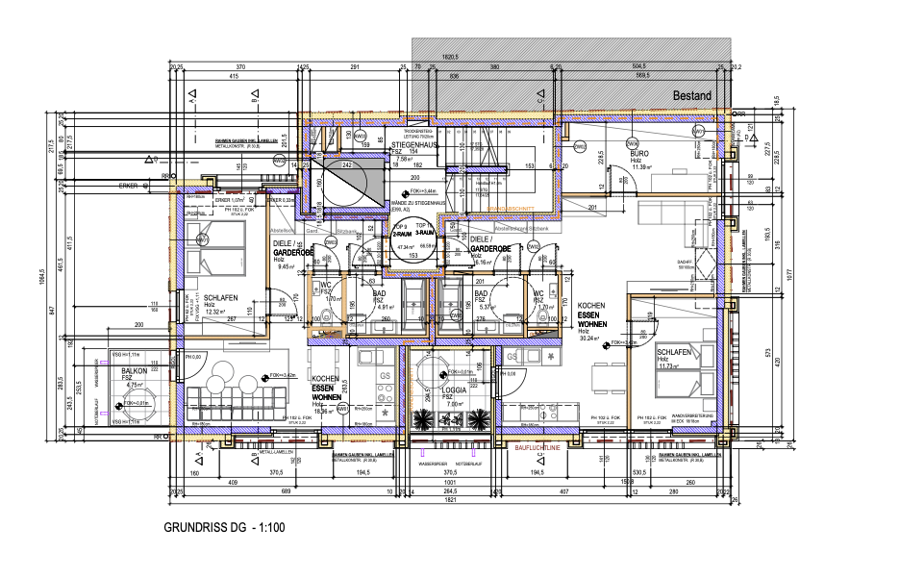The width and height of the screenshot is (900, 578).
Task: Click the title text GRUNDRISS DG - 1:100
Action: pos(223,528)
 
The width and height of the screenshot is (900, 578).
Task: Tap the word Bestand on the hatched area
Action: pos(691,96)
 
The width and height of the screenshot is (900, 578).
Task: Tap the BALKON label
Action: pos(134,369)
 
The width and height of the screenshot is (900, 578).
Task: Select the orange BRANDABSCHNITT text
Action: pos(510,208)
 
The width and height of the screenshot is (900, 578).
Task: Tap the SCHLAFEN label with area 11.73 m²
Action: pos(675,352)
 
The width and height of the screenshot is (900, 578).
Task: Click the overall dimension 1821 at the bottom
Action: pos(449,501)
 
